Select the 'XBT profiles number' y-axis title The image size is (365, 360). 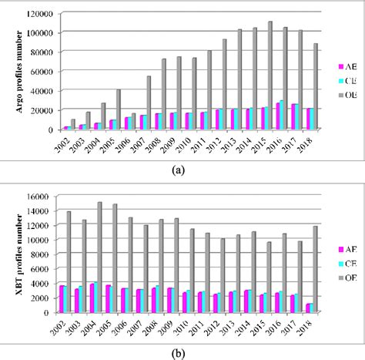tap(11, 255)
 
